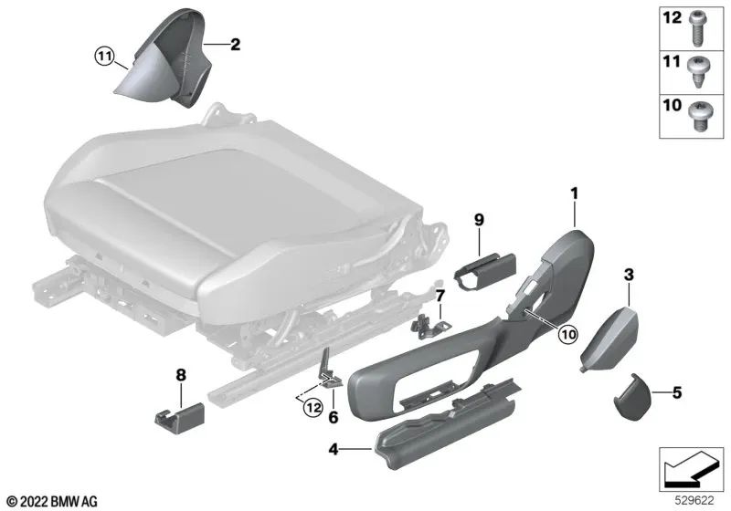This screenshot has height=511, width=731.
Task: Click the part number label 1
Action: pyautogui.click(x=575, y=193)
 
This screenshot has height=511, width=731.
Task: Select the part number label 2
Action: pyautogui.click(x=235, y=43)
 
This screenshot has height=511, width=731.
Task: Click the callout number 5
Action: pyautogui.click(x=676, y=393)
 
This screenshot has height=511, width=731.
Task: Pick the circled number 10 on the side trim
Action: pyautogui.click(x=567, y=335)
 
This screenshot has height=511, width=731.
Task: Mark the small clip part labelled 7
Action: pyautogui.click(x=429, y=324)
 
